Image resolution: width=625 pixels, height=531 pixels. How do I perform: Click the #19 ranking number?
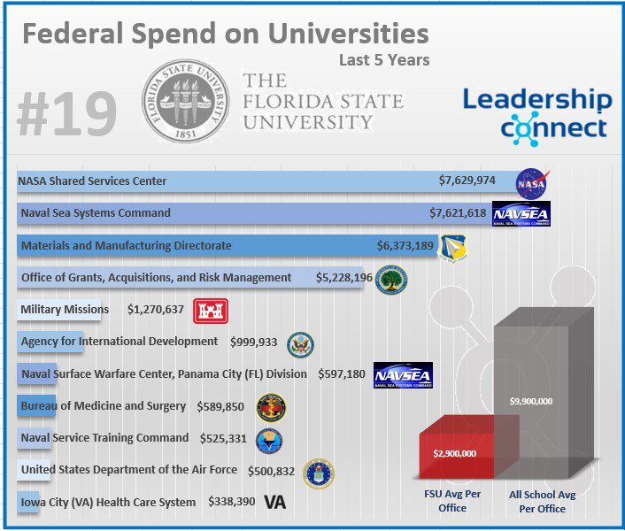[66, 115]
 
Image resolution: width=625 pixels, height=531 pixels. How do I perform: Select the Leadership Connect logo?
[537, 113]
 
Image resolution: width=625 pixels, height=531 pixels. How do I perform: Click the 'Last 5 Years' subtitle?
[384, 60]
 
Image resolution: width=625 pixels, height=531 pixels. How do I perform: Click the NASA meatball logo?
[531, 182]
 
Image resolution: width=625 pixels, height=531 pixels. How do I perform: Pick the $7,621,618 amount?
[458, 213]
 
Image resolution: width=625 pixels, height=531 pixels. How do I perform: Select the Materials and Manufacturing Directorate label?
[127, 245]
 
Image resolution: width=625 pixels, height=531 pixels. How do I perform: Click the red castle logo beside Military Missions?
[211, 310]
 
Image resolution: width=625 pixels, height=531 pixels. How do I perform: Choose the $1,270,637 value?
[156, 310]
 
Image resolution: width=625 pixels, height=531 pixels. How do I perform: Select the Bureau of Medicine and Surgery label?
[104, 406]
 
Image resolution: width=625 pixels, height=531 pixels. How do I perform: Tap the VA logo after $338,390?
[274, 503]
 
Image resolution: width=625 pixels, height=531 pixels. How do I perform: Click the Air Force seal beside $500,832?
[319, 473]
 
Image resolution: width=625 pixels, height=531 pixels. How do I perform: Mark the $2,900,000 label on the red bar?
[455, 453]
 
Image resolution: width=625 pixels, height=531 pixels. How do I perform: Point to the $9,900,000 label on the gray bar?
[531, 401]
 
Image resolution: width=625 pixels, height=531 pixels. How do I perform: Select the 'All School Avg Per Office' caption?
[543, 501]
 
